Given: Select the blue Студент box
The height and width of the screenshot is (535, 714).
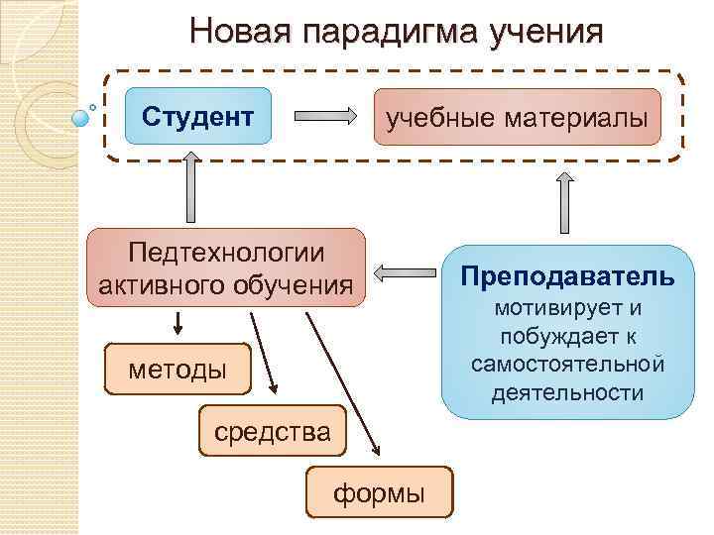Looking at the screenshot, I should (x=198, y=117).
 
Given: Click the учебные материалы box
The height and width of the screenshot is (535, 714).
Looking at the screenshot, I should (x=516, y=118).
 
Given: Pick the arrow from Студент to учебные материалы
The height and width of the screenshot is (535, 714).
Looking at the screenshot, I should (x=327, y=117).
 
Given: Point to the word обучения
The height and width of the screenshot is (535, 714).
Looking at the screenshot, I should (x=297, y=285).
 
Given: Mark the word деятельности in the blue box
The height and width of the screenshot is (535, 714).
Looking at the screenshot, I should (x=567, y=392).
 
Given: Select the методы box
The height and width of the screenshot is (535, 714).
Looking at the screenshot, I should (x=178, y=370).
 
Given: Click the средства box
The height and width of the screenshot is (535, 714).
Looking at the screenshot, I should (x=272, y=432).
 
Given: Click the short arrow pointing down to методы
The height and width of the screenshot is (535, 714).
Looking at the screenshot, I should (x=178, y=323).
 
